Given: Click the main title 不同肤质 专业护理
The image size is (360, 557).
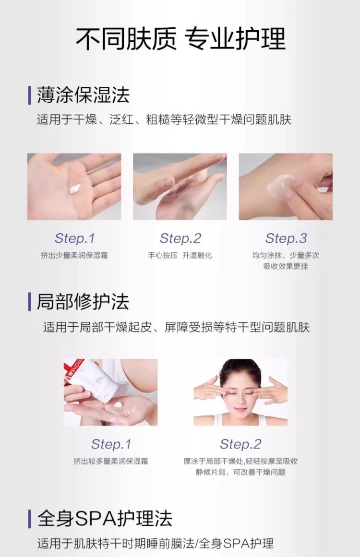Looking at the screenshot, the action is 180,38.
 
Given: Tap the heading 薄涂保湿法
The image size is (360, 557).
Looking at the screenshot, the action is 83,95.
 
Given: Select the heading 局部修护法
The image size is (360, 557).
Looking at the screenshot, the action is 83,302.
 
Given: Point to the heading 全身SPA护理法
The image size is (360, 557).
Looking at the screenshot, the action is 105,519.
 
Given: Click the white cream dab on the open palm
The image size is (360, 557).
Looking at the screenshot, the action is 75,189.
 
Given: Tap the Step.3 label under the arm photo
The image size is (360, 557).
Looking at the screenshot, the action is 286,238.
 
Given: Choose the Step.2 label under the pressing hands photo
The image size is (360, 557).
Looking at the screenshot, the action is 180,238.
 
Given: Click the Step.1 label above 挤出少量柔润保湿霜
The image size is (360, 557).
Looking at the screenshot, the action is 74,238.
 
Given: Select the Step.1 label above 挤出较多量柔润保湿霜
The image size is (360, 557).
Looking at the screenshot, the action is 111,444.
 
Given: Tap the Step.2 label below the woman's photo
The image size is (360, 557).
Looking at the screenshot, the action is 240,444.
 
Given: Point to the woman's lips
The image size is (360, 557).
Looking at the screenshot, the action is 240,410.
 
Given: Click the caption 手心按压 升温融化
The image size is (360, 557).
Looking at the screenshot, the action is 180,255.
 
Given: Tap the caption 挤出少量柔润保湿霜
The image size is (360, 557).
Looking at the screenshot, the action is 74,255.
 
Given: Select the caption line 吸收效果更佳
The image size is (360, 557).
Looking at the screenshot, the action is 286,266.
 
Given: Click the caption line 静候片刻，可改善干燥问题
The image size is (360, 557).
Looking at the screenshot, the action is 240,472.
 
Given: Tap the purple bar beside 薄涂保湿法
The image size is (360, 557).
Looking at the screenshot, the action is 30,95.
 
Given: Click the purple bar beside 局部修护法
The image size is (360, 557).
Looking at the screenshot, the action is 30,302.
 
